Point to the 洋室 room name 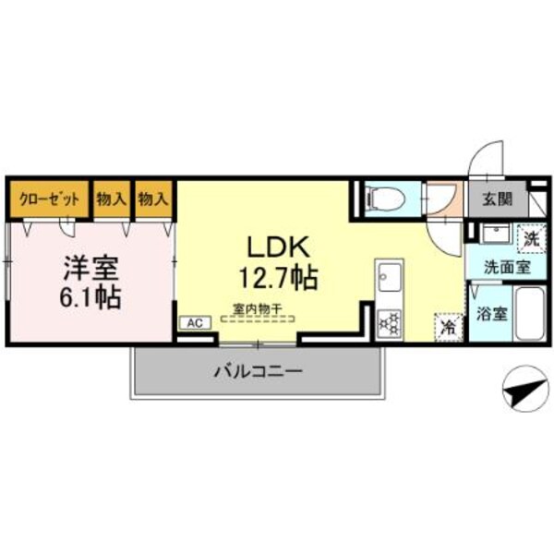click(x=90, y=268)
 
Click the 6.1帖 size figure click(x=90, y=297)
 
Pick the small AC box click(x=194, y=322)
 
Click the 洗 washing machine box click(x=529, y=237)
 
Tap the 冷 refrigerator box click(x=446, y=325)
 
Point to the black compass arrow click(x=524, y=391)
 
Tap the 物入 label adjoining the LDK click(x=155, y=198)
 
